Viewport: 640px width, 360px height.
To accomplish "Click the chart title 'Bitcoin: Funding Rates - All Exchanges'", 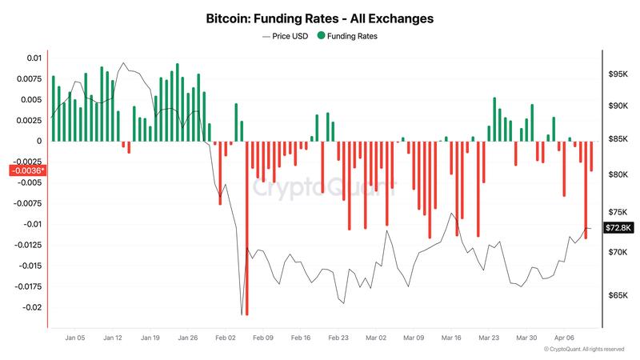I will (320, 17).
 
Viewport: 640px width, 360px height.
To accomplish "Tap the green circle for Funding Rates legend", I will (322, 36).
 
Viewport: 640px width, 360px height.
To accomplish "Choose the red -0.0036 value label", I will (27, 170).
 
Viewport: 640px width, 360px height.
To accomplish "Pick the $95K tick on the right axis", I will (618, 74).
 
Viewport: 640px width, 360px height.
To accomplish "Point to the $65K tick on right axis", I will (618, 296).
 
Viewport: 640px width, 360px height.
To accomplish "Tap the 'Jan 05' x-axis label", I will (75, 338).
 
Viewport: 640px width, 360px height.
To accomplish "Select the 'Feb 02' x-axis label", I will (226, 338).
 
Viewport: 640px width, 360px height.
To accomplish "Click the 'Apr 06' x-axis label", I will (565, 338).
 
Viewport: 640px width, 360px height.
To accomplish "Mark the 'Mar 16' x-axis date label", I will (452, 338).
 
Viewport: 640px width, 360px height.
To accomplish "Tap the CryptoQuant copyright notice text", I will (583, 350).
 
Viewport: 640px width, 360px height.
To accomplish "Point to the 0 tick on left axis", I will (38, 142).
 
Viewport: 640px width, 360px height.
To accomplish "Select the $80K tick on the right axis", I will (618, 174).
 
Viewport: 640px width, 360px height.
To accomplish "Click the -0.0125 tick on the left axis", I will (27, 245).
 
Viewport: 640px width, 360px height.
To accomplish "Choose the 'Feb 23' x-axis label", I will (339, 338).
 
